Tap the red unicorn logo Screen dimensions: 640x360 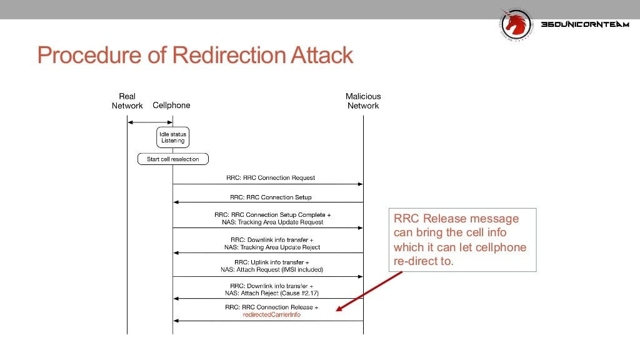516,24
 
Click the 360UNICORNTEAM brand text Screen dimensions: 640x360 585,24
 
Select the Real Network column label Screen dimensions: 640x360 127,101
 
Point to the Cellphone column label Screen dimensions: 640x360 171,105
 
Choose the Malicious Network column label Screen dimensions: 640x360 363,101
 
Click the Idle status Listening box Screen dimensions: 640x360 172,137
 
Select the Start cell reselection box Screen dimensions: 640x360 173,159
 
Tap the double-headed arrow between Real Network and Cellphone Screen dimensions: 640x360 150,122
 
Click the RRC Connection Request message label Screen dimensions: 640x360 271,178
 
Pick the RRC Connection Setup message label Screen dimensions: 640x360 271,197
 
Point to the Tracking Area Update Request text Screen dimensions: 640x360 272,222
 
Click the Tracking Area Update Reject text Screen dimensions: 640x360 272,247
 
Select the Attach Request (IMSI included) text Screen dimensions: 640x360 272,270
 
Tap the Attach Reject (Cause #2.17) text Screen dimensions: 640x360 272,293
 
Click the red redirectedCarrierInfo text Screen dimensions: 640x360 271,315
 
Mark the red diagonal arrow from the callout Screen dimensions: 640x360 369,291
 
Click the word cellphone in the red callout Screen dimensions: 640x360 501,247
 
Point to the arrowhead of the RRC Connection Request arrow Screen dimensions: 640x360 361,184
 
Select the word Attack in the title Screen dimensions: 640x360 322,55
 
